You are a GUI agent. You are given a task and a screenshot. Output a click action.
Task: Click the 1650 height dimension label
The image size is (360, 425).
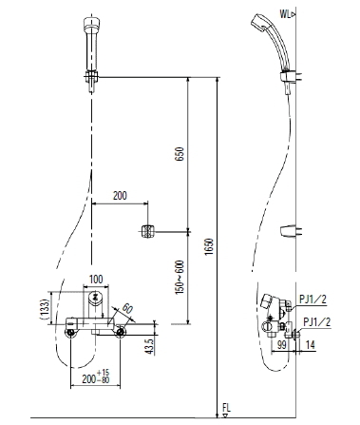pos(209,247)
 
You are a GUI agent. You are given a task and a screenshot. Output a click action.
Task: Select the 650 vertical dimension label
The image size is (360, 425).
pos(180,154)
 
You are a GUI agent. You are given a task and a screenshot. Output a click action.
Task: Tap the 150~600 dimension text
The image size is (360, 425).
pos(180,278)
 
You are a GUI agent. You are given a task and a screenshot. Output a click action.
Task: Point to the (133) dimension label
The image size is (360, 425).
pos(46,308)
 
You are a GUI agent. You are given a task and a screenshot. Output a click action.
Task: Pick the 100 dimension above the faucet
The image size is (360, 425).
pos(96,280)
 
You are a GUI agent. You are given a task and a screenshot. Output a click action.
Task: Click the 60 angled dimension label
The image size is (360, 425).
pos(127,308)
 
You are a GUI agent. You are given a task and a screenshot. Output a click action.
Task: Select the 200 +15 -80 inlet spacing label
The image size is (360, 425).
pos(96,377)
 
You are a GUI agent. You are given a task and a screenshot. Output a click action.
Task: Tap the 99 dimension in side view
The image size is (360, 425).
pos(281,344)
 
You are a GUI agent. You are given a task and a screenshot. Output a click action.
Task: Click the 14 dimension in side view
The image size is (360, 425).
pos(310,344)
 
